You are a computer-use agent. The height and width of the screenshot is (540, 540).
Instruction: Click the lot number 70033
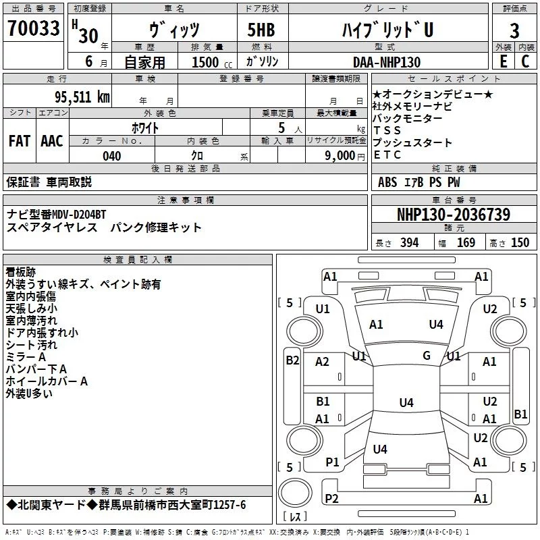(x=34, y=28)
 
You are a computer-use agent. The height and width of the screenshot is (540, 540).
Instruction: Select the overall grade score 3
(x=514, y=30)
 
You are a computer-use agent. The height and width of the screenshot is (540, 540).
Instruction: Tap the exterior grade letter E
(x=504, y=61)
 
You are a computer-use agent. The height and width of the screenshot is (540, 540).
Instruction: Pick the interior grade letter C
(x=526, y=61)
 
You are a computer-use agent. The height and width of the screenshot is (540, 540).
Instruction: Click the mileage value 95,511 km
(x=82, y=97)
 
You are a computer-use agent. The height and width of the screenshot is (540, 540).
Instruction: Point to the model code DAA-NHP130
(x=387, y=62)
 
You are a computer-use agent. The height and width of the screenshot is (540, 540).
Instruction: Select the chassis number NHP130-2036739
(x=454, y=214)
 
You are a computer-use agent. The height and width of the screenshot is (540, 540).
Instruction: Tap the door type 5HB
(x=261, y=30)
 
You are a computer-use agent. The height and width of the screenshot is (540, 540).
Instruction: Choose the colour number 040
(x=112, y=156)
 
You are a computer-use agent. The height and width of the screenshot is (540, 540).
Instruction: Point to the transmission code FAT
(x=20, y=141)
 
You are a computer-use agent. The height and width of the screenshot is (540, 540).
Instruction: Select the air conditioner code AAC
(x=52, y=141)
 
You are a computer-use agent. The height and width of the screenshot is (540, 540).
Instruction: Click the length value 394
(x=410, y=242)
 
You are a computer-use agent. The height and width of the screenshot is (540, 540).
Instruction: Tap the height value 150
(x=520, y=242)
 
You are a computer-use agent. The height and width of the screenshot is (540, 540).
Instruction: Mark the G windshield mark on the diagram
(x=427, y=356)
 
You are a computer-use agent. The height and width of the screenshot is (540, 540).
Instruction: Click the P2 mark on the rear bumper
(x=331, y=498)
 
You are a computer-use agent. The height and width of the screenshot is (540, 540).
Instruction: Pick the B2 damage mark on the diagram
(x=292, y=360)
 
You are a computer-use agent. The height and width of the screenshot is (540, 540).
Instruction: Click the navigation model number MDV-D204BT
(x=79, y=215)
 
